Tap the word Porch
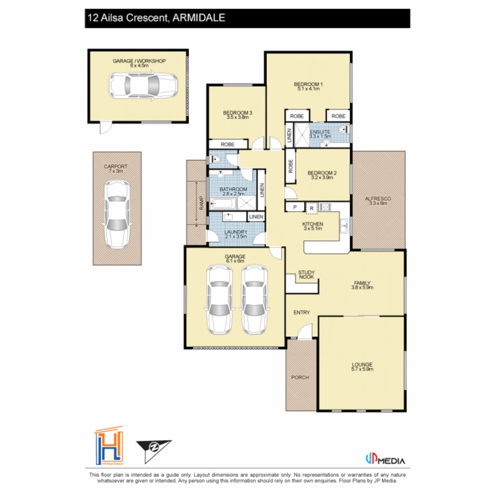pyautogui.click(x=300, y=378)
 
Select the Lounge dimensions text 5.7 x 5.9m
pyautogui.click(x=362, y=370)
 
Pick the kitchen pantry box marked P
pyautogui.click(x=294, y=208)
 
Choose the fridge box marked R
pyautogui.click(x=311, y=208)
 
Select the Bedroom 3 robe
pyautogui.click(x=228, y=144)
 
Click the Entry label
pyautogui.click(x=302, y=313)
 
